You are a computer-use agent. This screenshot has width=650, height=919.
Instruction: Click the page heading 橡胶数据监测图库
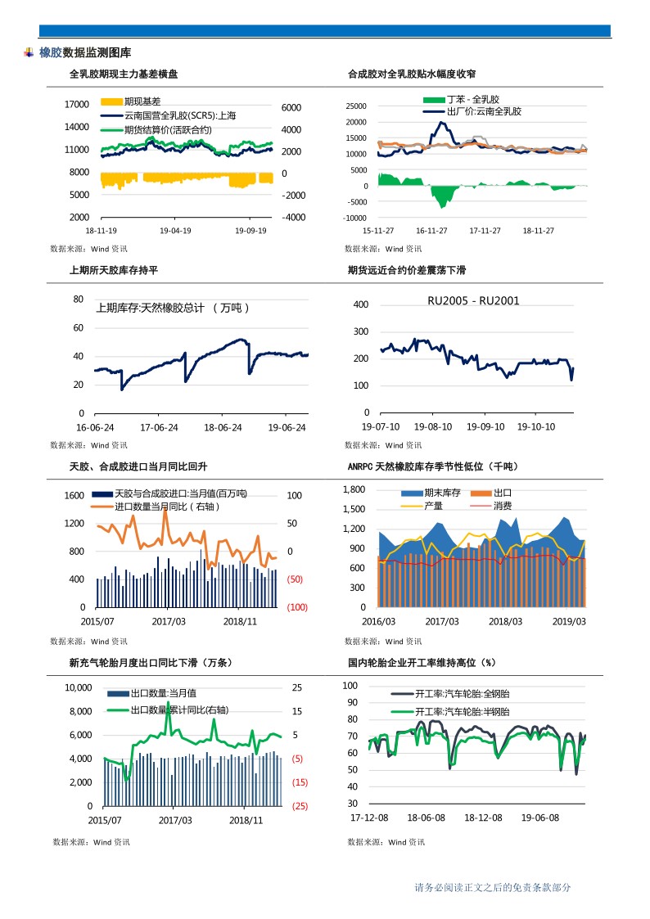click(x=84, y=52)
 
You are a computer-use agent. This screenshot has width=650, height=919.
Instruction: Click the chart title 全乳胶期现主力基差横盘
click(x=124, y=74)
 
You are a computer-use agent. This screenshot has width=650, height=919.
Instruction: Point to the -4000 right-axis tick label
click(x=292, y=218)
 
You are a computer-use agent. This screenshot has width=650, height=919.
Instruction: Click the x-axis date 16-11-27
click(x=431, y=231)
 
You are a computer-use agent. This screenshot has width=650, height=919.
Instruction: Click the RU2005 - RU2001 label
click(x=473, y=301)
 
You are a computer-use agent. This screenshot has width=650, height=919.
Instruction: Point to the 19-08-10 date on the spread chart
click(x=433, y=426)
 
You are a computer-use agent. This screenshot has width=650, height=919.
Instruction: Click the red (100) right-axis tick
click(x=296, y=607)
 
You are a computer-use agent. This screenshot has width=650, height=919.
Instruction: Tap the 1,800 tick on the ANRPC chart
click(x=354, y=489)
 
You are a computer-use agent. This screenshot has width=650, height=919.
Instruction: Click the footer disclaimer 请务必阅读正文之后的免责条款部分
click(x=492, y=887)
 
